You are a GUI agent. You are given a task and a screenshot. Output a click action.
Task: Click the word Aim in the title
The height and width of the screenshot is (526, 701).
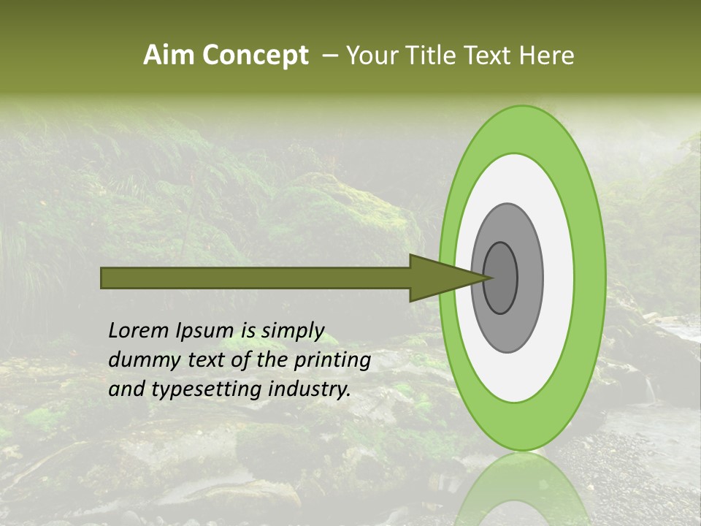tap(169, 56)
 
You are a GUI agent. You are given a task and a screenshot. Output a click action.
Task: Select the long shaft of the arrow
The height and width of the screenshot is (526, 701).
tap(256, 278)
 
